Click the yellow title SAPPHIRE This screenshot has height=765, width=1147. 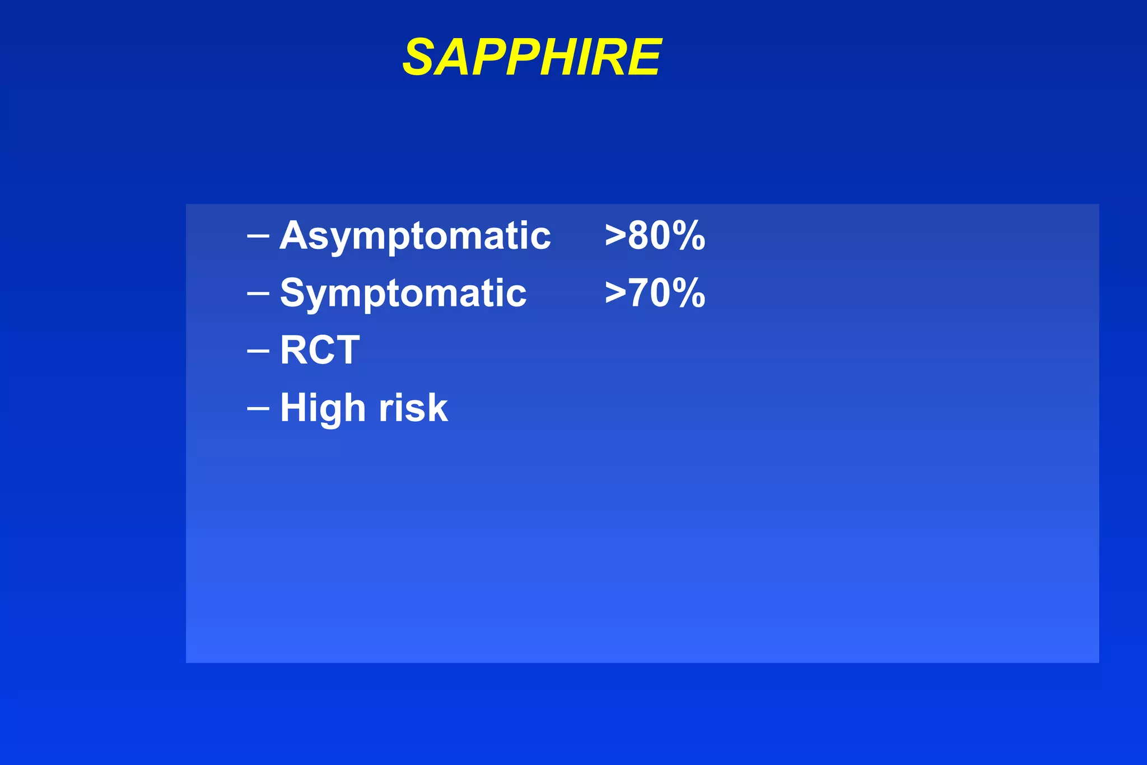point(532,57)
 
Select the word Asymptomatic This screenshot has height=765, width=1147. point(415,236)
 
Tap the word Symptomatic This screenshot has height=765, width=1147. point(403,293)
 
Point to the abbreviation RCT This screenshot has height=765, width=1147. point(320,350)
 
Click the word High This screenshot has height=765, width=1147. point(323,408)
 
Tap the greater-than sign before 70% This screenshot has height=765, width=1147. point(615,294)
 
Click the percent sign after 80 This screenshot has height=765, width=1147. point(689,236)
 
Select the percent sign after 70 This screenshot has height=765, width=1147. point(689,293)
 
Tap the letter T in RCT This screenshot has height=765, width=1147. point(347,350)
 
